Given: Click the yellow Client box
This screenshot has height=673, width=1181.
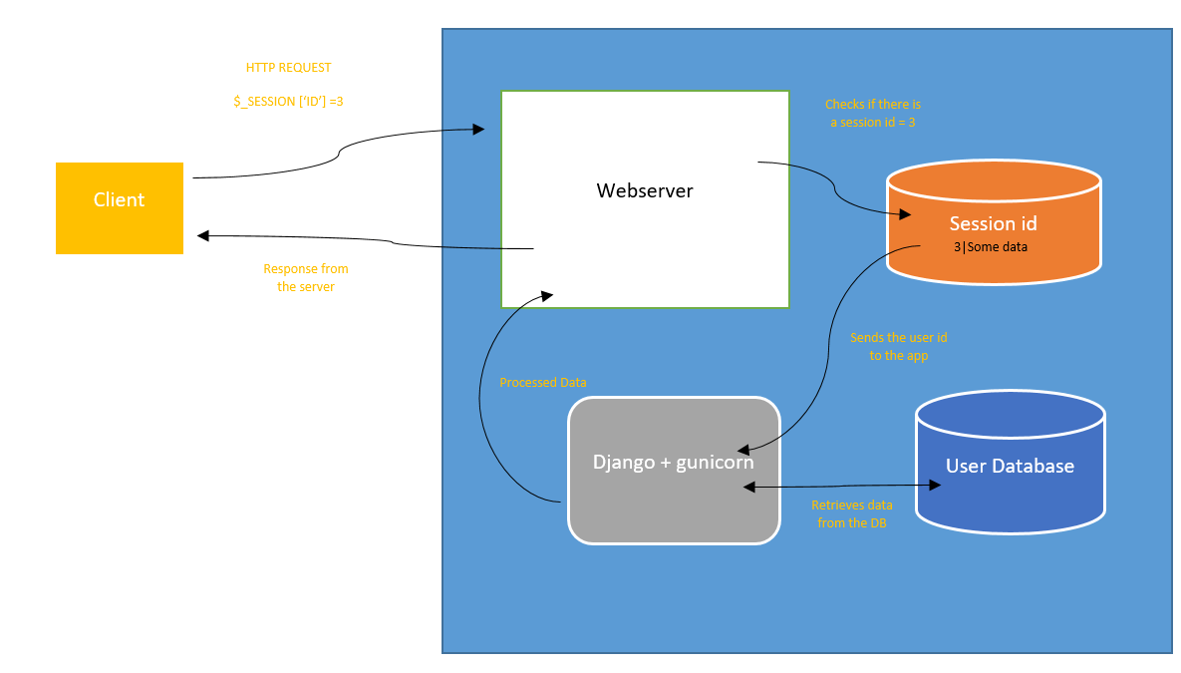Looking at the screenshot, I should (119, 207).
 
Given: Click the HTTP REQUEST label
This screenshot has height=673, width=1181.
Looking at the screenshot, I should (288, 68).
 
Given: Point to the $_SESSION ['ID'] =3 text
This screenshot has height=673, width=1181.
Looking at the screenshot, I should (288, 101).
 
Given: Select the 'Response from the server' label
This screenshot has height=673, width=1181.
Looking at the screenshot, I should (306, 277).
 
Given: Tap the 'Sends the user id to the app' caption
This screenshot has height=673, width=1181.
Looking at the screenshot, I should (898, 346).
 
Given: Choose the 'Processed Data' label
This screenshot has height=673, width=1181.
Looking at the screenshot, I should (543, 383).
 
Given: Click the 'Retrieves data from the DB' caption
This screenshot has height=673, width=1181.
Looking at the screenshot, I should (851, 513).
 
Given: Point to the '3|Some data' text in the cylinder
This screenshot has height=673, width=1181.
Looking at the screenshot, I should (990, 246).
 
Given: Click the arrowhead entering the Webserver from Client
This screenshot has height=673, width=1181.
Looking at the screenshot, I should (478, 130).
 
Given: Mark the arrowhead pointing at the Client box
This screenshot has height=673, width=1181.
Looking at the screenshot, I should (203, 235).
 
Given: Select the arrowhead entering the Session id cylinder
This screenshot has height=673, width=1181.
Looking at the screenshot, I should (906, 213).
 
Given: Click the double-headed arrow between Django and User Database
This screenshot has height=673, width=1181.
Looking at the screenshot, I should (843, 487).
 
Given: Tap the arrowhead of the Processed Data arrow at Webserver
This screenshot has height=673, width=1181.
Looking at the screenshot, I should (546, 295).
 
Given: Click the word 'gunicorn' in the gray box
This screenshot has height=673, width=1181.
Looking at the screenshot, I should (717, 463).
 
